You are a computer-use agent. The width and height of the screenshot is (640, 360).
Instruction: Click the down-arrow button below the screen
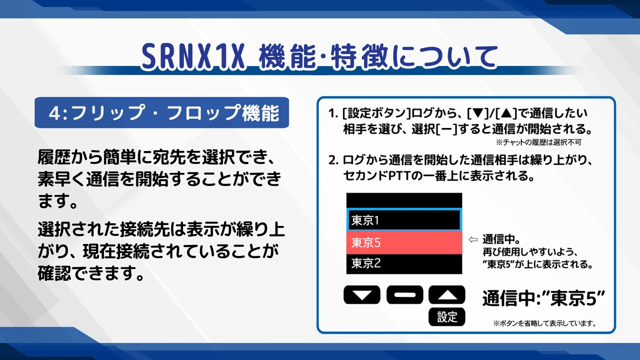(361, 294)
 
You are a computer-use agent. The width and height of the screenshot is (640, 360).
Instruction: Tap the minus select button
(404, 294)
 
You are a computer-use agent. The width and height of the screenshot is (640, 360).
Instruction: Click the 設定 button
(447, 317)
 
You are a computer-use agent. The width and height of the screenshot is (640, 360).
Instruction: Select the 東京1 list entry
(404, 220)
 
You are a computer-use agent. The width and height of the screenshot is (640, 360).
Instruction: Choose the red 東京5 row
(404, 242)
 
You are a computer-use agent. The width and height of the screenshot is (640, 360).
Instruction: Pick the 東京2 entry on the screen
(404, 263)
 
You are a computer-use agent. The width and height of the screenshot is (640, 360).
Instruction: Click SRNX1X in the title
(193, 56)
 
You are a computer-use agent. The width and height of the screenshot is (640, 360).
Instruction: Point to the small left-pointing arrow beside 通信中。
(473, 239)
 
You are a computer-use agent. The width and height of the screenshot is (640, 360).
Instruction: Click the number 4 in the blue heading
(54, 113)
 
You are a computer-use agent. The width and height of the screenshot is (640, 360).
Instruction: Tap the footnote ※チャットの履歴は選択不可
(538, 142)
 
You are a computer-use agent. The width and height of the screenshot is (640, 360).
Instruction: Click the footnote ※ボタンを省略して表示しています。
(544, 323)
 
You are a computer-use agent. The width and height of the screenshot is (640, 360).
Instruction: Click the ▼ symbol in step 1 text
(478, 113)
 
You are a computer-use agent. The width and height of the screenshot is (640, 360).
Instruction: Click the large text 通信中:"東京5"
(543, 298)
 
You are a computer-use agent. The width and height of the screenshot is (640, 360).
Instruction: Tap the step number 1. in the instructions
(333, 113)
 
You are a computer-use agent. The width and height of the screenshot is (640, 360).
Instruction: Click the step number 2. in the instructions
(333, 160)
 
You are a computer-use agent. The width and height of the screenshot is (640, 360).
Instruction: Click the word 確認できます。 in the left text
(90, 273)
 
